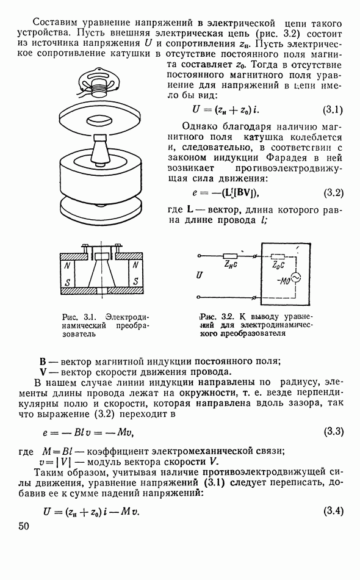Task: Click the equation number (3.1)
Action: pyautogui.click(x=333, y=110)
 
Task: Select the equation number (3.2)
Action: pyautogui.click(x=333, y=193)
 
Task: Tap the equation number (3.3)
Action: pyautogui.click(x=334, y=431)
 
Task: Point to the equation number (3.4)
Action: pyautogui.click(x=334, y=511)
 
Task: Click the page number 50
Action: pyautogui.click(x=23, y=526)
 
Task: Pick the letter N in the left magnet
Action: pyautogui.click(x=67, y=266)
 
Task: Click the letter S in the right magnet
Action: pyautogui.click(x=135, y=281)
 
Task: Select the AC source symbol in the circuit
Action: pyautogui.click(x=295, y=277)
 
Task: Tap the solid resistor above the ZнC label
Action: pyautogui.click(x=230, y=256)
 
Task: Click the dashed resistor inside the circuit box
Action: pyautogui.click(x=278, y=256)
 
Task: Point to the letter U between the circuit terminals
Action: pyautogui.click(x=200, y=275)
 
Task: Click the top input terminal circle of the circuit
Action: pyautogui.click(x=199, y=256)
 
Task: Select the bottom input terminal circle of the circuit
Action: pyautogui.click(x=199, y=297)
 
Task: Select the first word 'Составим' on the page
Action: pyautogui.click(x=54, y=23)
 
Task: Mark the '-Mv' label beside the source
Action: pyautogui.click(x=283, y=281)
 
